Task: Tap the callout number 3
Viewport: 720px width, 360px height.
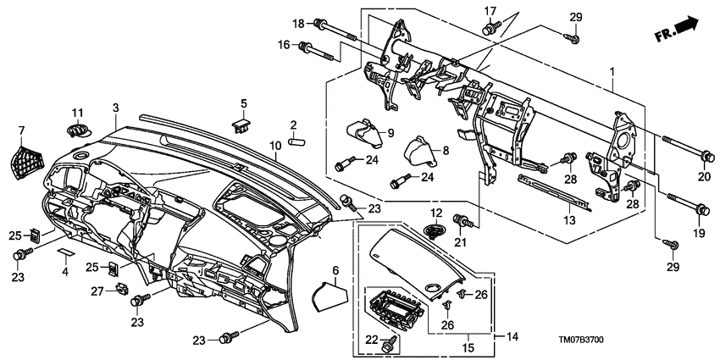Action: coord(116,108)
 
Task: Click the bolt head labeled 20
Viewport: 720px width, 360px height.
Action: coord(705,155)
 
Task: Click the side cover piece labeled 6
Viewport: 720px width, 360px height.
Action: coord(327,297)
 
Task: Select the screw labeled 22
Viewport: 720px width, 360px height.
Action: coord(390,343)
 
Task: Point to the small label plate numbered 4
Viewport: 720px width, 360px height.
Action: coord(67,252)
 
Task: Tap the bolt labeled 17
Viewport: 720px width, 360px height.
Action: coord(490,30)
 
